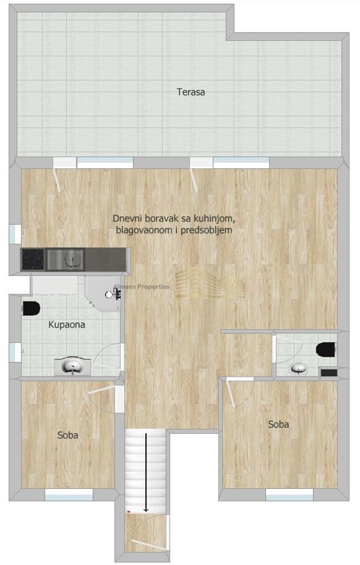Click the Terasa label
[x=191, y=92]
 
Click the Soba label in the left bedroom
[x=68, y=435]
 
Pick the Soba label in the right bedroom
[x=278, y=424]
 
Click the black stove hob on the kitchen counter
[x=34, y=259]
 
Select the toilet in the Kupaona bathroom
[x=30, y=308]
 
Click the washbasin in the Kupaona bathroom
[x=72, y=366]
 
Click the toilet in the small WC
[x=327, y=349]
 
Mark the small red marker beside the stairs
[x=128, y=511]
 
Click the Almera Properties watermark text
[x=142, y=286]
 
